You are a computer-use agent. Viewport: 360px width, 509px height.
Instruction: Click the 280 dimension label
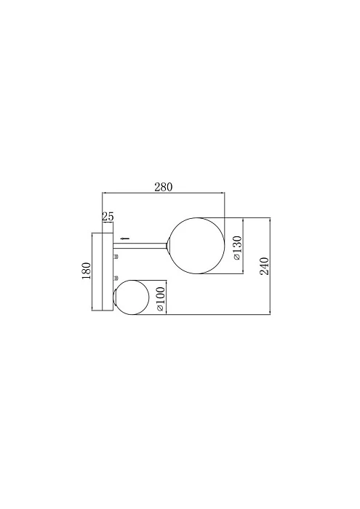pyautogui.click(x=164, y=188)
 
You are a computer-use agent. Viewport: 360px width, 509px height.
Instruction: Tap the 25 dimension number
pyautogui.click(x=108, y=216)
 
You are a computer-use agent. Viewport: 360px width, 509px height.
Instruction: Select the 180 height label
pyautogui.click(x=87, y=271)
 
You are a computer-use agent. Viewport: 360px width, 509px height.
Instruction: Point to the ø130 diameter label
pyautogui.click(x=237, y=248)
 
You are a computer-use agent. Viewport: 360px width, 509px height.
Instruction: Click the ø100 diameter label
pyautogui.click(x=161, y=300)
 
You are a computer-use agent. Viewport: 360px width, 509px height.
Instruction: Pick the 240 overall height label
pyautogui.click(x=264, y=266)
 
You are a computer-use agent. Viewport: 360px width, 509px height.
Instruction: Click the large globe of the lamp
pyautogui.click(x=197, y=246)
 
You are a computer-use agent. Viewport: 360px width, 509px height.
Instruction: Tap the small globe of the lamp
pyautogui.click(x=131, y=297)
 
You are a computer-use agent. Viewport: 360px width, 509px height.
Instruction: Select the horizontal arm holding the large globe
pyautogui.click(x=140, y=247)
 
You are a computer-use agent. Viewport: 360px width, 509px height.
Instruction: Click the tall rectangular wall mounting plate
pyautogui.click(x=103, y=272)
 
